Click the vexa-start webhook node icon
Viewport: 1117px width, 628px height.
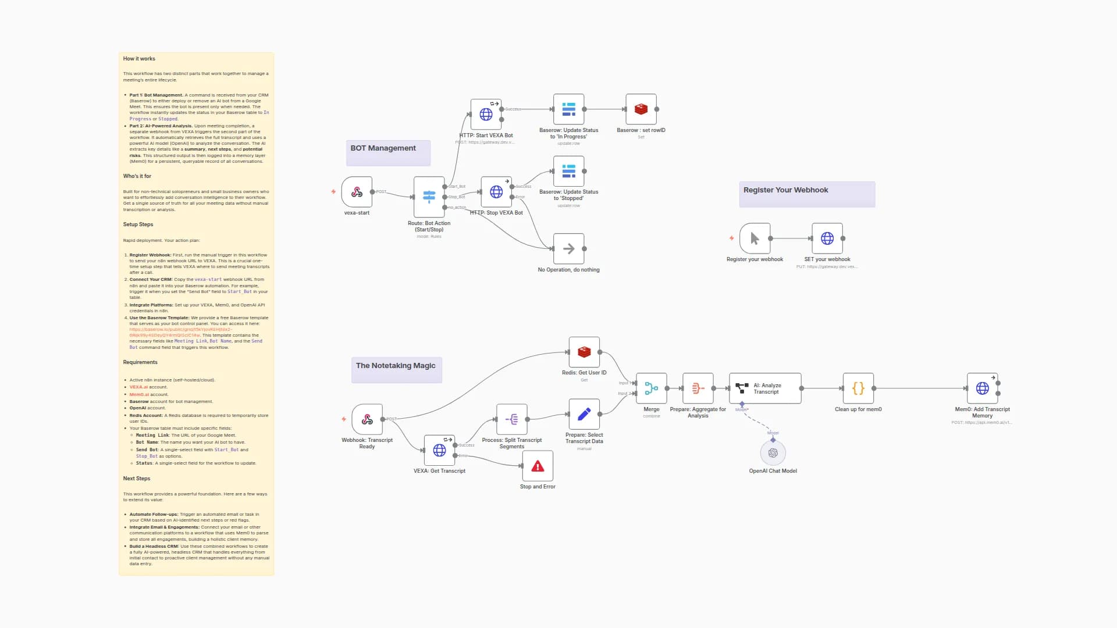pyautogui.click(x=357, y=192)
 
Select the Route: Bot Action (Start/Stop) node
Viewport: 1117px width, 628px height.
pyautogui.click(x=429, y=197)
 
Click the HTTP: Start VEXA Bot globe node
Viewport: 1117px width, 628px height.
pyautogui.click(x=486, y=114)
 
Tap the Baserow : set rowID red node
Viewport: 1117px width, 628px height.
pyautogui.click(x=641, y=109)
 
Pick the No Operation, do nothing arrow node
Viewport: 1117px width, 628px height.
pyautogui.click(x=568, y=249)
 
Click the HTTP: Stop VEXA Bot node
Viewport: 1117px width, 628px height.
pyautogui.click(x=496, y=192)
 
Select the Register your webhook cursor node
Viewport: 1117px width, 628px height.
pyautogui.click(x=755, y=238)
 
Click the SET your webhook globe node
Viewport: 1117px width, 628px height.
pyautogui.click(x=827, y=238)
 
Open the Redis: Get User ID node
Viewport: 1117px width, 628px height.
pyautogui.click(x=584, y=352)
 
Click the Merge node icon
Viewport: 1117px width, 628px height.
pyautogui.click(x=651, y=388)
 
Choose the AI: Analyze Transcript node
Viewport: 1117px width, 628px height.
pyautogui.click(x=765, y=388)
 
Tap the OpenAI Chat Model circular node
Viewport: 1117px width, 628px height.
pyautogui.click(x=773, y=453)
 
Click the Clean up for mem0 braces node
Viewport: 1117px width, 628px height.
pyautogui.click(x=858, y=388)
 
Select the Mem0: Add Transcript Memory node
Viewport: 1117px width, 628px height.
pyautogui.click(x=982, y=388)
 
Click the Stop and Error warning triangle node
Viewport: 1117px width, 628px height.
pyautogui.click(x=538, y=466)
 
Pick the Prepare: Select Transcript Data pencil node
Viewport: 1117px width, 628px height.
pyautogui.click(x=584, y=414)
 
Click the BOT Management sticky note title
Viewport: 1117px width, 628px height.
pyautogui.click(x=383, y=148)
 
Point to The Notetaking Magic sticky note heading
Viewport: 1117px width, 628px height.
pyautogui.click(x=396, y=366)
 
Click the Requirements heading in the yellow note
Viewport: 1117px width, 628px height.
pyautogui.click(x=140, y=362)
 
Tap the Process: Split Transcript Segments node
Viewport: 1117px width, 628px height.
pyautogui.click(x=511, y=419)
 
